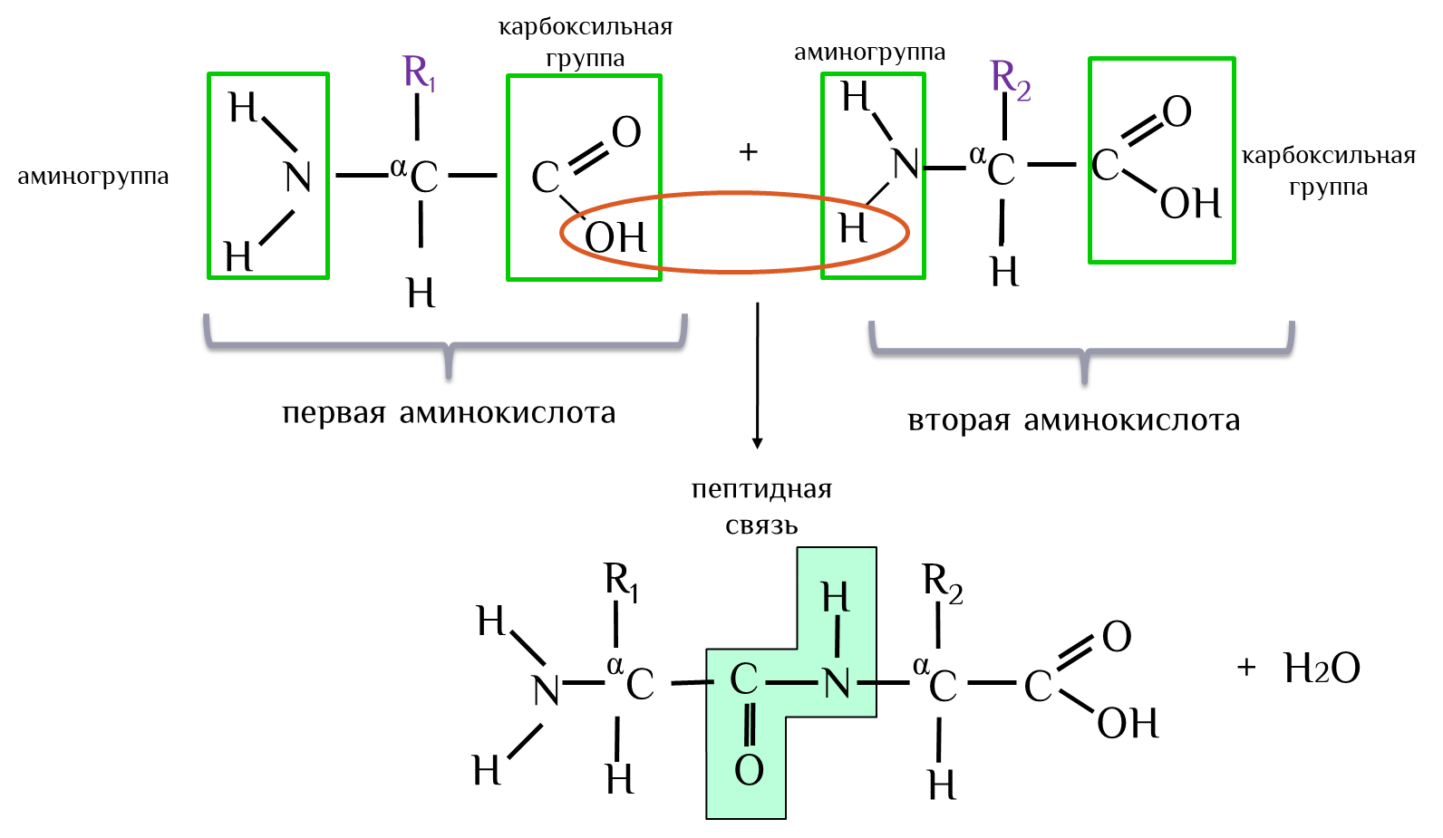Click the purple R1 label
coord(419,72)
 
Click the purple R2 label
coord(1010,79)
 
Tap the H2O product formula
coord(1322,669)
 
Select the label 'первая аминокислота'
coord(449,413)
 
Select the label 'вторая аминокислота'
coord(1073,420)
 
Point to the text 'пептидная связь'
coord(761,506)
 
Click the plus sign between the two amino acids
coord(748,151)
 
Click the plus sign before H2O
coord(1246,668)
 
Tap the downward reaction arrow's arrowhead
coord(757,443)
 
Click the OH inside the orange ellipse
coord(615,237)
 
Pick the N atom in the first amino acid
coord(297,177)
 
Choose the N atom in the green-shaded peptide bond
coord(837,683)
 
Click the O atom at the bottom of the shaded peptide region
coord(749,770)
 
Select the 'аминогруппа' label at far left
coord(93,177)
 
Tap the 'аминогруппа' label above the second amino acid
coord(869,53)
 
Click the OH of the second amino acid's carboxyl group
coord(1190,204)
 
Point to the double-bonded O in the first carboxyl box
coord(626,132)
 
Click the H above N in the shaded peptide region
coord(835,598)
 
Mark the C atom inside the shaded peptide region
coord(744,679)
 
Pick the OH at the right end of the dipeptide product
coord(1128,724)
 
